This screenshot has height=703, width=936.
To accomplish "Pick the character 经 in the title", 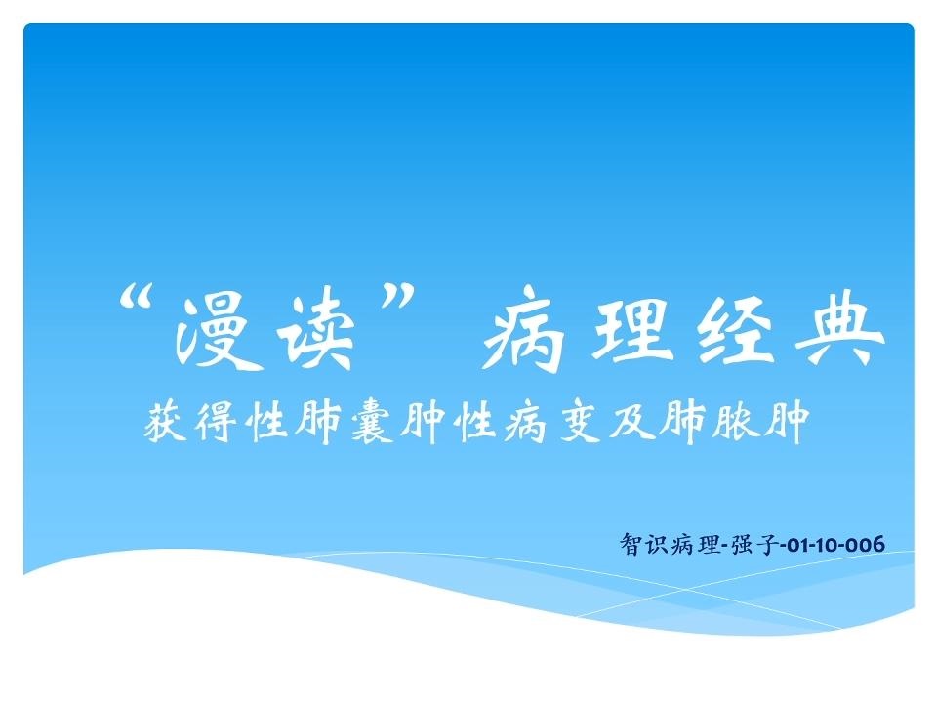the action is coord(736,326).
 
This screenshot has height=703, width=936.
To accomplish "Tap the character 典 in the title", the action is coord(844,327).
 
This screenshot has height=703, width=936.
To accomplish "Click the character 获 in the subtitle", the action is coord(164,422).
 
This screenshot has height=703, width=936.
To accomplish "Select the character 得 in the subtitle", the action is coord(215,422).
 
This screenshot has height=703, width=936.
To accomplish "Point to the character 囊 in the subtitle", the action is coord(371,422).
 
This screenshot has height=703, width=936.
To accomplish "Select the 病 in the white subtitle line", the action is coord(525,422).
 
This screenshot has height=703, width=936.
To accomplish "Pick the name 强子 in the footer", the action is coord(754,544).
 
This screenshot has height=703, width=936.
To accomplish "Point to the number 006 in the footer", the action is coord(866,545).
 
